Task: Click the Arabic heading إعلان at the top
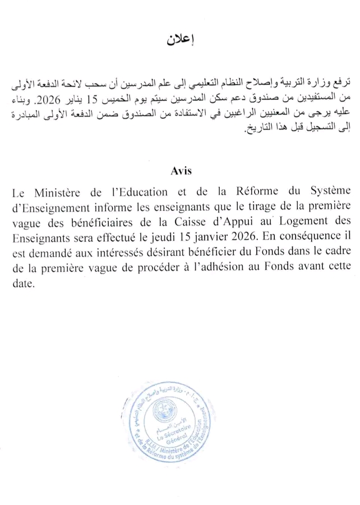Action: click(x=180, y=40)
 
